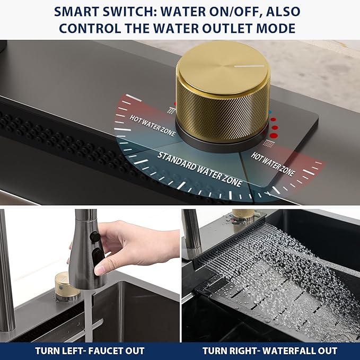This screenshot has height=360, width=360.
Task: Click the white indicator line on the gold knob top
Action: pos(249,66)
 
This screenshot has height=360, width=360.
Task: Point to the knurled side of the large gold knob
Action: pos(222,112)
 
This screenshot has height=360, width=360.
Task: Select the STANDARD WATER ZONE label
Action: pos(200,169)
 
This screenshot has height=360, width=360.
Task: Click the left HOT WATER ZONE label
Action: pos(153,125)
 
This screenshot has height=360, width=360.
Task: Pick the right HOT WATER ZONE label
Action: pos(273,164)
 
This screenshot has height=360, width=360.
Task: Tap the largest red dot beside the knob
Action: pos(274,135)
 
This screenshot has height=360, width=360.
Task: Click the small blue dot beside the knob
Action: pos(270,112)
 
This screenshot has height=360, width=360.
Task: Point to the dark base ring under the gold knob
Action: pos(221,144)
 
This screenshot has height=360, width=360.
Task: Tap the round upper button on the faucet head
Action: pos(94,236)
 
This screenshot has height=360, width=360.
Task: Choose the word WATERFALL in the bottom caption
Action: pos(288,351)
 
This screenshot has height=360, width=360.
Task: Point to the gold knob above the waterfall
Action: pos(243,215)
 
